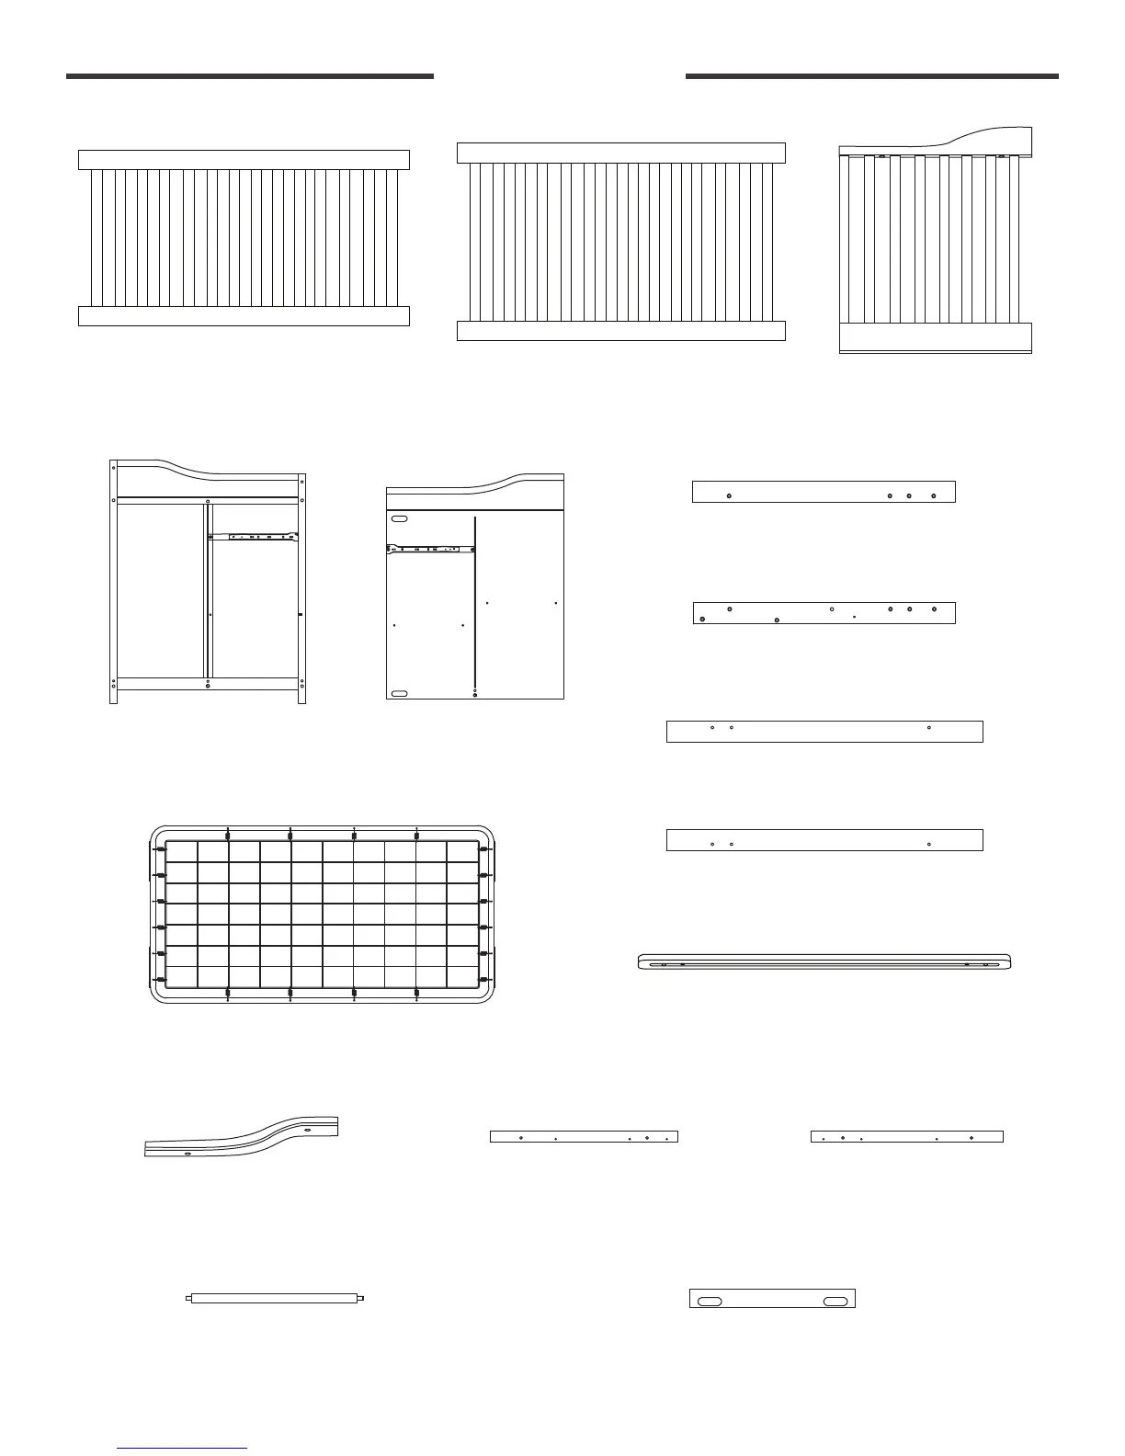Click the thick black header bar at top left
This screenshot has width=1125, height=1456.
[x=249, y=76]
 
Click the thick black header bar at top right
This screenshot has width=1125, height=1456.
[x=871, y=76]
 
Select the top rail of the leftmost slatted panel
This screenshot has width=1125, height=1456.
[x=244, y=160]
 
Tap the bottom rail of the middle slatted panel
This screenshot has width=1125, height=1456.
[x=620, y=331]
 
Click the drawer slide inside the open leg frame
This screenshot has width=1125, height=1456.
[x=263, y=536]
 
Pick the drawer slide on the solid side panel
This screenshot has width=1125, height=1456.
[x=430, y=549]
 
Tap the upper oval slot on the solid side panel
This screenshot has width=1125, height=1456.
[x=399, y=519]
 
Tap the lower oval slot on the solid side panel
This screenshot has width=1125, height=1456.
[x=399, y=693]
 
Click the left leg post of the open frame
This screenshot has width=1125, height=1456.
[x=113, y=588]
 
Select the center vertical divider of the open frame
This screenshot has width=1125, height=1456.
[x=209, y=597]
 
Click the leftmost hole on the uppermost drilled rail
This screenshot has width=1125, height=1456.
[x=729, y=495]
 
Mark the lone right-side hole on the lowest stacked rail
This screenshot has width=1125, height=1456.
[x=929, y=843]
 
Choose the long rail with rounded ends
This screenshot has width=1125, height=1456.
[x=824, y=961]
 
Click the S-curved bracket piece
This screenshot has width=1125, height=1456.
[x=243, y=1135]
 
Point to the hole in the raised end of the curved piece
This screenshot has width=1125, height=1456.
[x=308, y=1130]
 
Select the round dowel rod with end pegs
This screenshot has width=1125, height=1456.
[x=276, y=1298]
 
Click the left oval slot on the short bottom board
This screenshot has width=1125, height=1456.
[x=710, y=1302]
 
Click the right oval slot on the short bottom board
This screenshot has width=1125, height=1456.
[x=835, y=1302]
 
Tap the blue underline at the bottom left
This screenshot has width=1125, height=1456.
[x=182, y=1449]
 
